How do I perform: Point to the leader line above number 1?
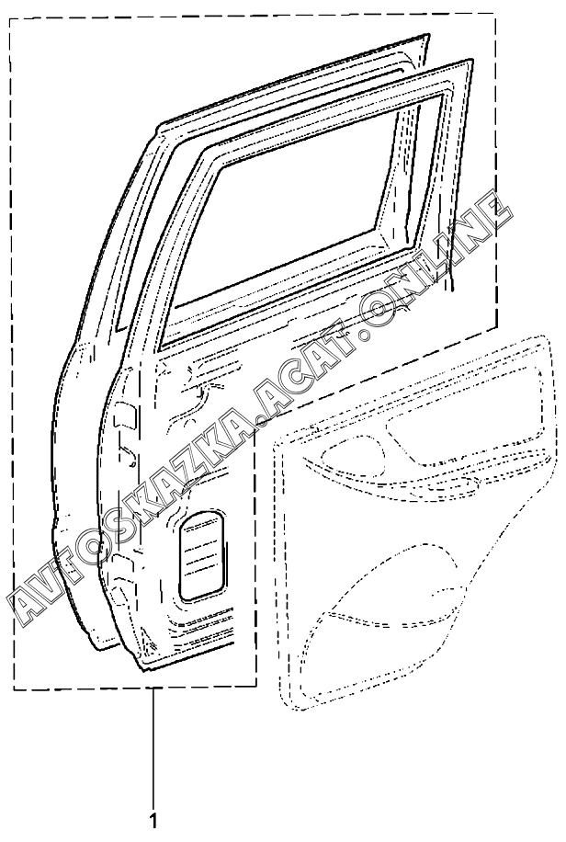(x=153, y=745)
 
